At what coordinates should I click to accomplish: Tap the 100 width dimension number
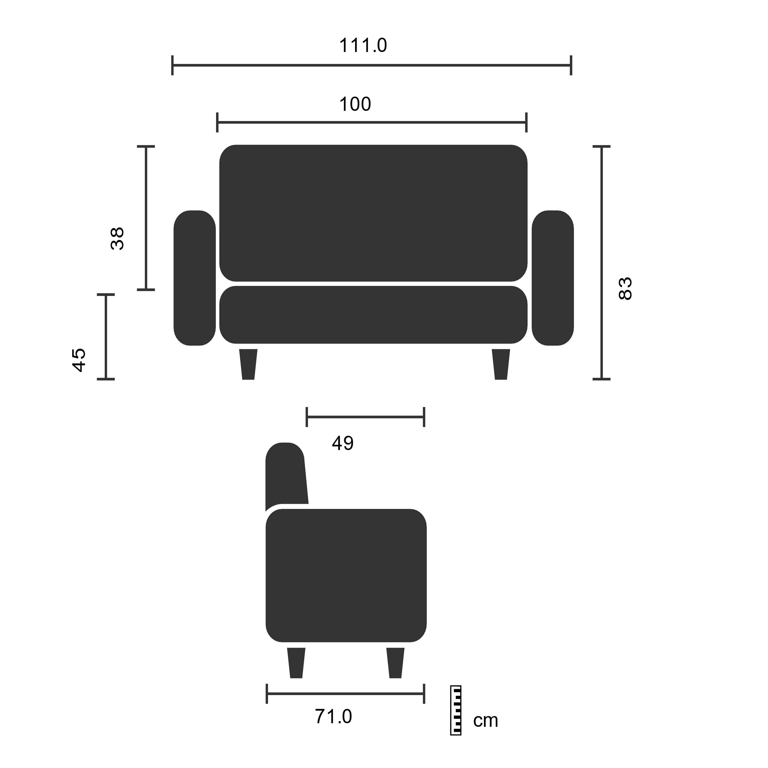tap(355, 104)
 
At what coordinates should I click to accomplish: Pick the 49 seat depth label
tap(343, 443)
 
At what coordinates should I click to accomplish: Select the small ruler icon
tap(456, 710)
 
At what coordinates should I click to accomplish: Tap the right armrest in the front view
tap(552, 278)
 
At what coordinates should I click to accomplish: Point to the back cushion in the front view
tap(373, 213)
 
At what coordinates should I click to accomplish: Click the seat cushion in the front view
tap(373, 314)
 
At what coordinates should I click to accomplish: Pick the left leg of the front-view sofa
tap(248, 364)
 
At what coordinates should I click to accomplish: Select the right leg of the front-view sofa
tap(501, 364)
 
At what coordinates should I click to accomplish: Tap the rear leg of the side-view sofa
tap(296, 663)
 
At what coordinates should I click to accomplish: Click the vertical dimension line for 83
tap(601, 262)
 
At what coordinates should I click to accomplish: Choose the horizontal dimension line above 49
tap(365, 417)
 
